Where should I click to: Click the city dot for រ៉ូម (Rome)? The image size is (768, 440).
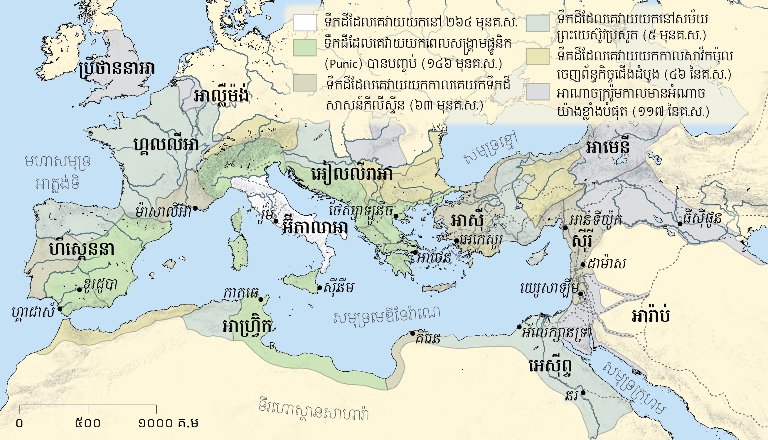coord(276,221)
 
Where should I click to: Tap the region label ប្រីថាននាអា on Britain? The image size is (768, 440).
coord(117,69)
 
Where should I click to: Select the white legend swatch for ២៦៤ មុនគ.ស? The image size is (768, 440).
coord(304,23)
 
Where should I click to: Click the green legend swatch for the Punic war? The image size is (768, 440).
coord(304,48)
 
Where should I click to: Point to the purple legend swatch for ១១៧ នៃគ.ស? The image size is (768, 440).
coord(537,92)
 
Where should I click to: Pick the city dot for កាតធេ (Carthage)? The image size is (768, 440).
coord(261,299)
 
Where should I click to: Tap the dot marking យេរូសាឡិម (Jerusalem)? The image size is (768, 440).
coord(580,294)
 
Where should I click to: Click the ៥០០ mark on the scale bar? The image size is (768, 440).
coord(88,423)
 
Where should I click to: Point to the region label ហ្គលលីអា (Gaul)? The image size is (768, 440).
coord(166,144)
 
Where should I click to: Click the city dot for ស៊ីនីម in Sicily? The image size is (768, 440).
coord(320,288)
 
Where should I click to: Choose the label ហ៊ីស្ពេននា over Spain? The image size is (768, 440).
coord(82,250)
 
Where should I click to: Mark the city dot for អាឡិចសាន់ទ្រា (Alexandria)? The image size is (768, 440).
coord(519,327)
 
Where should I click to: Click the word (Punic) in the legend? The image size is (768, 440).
coord(343,64)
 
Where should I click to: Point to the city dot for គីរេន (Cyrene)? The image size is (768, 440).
coord(412,333)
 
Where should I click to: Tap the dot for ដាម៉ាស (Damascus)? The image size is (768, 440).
coord(583,265)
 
